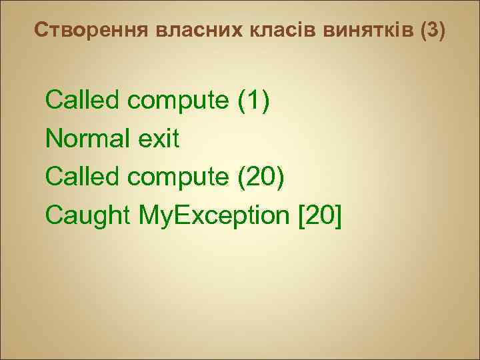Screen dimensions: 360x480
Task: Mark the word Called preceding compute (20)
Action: tap(83, 177)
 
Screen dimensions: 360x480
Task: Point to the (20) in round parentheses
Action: tap(263, 177)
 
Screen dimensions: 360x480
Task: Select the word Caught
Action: tap(88, 215)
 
